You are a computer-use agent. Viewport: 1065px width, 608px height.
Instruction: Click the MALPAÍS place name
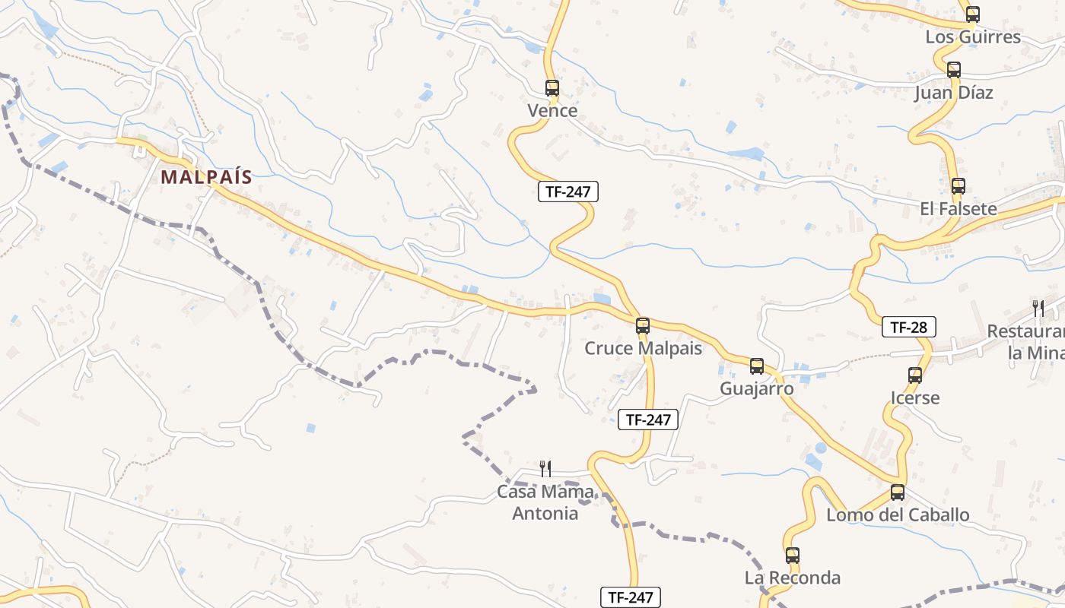206,177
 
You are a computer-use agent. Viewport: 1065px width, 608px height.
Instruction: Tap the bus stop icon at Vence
552,88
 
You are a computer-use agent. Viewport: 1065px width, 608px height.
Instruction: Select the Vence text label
552,111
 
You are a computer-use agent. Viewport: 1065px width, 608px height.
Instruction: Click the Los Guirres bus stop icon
972,14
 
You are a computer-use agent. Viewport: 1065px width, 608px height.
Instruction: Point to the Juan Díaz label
954,93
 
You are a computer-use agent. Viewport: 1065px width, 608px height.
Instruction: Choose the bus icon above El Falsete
958,186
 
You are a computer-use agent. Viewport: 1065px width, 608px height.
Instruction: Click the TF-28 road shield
908,328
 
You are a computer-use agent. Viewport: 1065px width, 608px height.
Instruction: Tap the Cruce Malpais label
643,348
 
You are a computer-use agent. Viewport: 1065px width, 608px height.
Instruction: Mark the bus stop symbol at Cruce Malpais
643,326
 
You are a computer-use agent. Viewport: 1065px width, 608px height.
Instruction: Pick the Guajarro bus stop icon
757,366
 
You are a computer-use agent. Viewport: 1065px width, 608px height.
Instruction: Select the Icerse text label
915,397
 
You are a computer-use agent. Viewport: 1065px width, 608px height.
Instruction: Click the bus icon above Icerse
915,375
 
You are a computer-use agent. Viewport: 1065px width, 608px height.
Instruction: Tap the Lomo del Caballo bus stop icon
898,492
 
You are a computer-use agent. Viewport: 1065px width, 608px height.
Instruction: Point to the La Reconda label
793,578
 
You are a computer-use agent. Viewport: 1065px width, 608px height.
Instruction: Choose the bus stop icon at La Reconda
793,556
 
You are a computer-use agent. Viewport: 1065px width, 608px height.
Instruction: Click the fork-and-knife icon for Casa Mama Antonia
545,469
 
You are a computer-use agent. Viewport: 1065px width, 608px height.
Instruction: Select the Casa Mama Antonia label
545,502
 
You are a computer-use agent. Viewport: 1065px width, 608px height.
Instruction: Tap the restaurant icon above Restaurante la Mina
1038,308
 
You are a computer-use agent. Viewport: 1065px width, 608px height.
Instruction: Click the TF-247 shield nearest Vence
568,192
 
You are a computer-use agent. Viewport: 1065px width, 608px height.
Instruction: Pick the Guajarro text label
757,388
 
